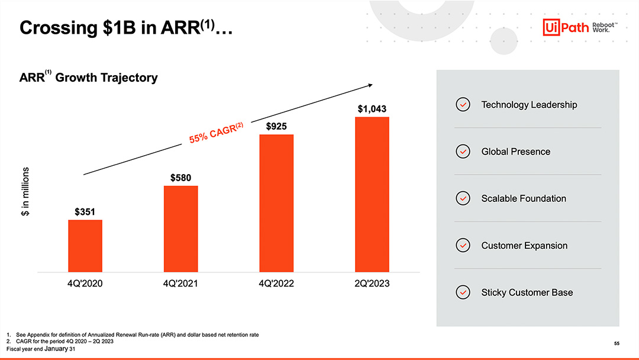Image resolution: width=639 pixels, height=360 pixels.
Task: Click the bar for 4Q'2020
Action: coord(85,246)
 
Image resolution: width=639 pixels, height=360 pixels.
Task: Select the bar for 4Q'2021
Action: coord(180,229)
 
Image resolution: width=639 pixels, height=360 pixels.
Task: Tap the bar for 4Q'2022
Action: coord(276,203)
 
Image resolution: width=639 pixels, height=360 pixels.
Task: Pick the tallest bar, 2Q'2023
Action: coord(372,194)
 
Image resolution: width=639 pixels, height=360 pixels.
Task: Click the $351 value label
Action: coord(85,211)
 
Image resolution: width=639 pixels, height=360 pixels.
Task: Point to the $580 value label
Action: coord(180,177)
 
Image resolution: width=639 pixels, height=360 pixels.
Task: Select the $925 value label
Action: coord(276,126)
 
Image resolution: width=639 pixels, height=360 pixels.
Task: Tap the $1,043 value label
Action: coord(372,109)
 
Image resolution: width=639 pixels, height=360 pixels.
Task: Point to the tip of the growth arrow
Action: coord(372,85)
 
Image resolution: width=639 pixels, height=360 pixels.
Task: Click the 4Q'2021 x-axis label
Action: coord(180,284)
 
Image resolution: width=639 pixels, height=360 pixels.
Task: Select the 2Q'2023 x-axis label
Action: coord(372,284)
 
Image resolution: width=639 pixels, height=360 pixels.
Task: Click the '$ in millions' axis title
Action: coord(25,191)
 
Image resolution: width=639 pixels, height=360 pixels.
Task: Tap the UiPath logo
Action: coord(573,27)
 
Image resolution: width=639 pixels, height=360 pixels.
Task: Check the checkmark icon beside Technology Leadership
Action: coord(463,105)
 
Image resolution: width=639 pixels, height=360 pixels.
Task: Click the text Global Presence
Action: coord(515,152)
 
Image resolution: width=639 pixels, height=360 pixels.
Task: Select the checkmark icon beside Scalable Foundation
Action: coord(463,198)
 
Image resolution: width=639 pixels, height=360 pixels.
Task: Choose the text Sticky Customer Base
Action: coord(527,292)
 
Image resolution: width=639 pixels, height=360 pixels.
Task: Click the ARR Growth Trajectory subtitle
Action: coord(89,78)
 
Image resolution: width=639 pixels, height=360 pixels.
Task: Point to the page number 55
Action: coord(617,343)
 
